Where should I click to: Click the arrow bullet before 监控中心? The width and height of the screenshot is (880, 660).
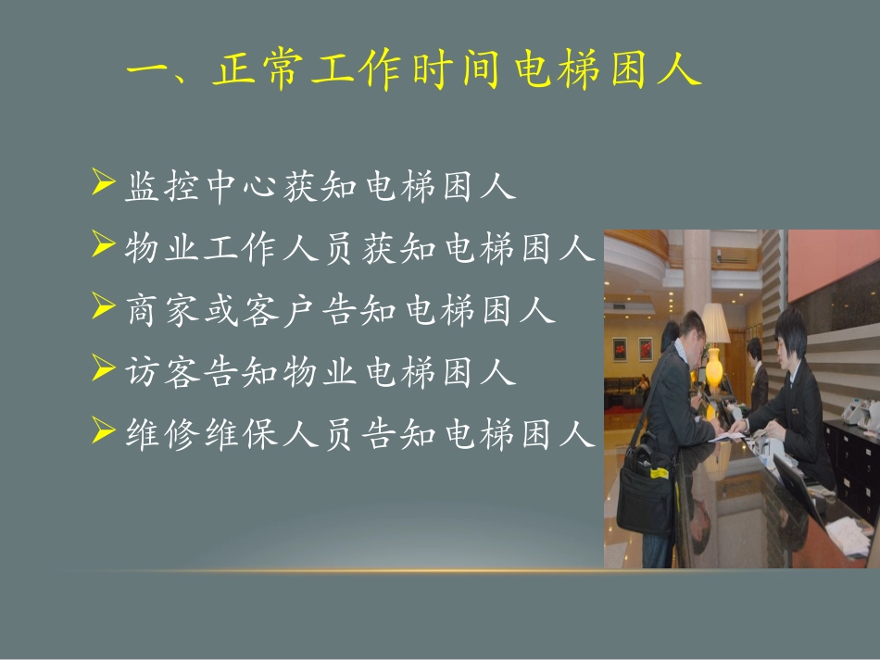(x=103, y=183)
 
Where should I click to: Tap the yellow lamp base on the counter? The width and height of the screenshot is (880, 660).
(x=713, y=366)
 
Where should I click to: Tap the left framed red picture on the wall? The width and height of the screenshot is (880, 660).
(x=620, y=349)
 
